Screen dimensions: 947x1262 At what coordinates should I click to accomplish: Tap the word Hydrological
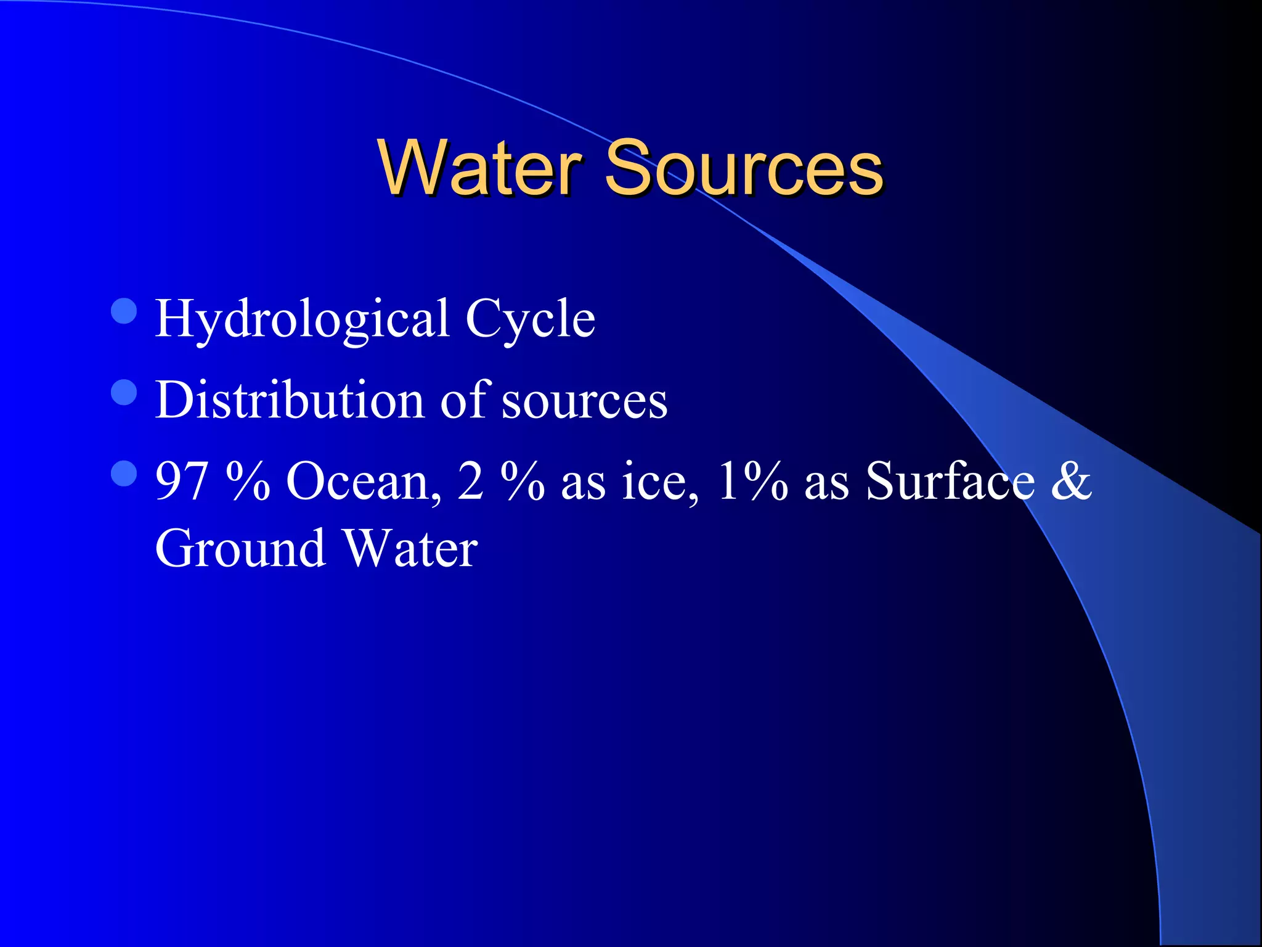pos(302,319)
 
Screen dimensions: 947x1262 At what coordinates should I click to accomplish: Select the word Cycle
pos(530,319)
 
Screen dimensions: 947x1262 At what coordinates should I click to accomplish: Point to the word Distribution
pos(290,400)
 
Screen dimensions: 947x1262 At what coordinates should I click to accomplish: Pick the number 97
pos(181,482)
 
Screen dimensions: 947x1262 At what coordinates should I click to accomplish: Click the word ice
pos(660,482)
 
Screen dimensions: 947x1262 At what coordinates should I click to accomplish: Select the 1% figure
pos(752,482)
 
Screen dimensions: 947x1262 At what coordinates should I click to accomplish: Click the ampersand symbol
pos(1071,482)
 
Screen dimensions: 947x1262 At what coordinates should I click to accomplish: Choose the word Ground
pos(240,548)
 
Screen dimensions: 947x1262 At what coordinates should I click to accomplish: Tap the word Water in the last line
pos(410,548)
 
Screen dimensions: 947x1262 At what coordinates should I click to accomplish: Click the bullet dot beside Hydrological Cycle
pos(124,311)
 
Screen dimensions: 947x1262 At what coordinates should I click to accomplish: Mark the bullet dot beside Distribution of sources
pos(124,392)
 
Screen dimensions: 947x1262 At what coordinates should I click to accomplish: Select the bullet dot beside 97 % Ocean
pos(124,473)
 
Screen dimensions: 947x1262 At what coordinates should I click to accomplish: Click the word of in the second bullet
pos(466,400)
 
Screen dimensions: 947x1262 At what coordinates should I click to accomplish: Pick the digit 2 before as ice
pos(470,482)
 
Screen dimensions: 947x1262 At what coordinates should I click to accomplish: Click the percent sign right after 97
pos(248,482)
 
